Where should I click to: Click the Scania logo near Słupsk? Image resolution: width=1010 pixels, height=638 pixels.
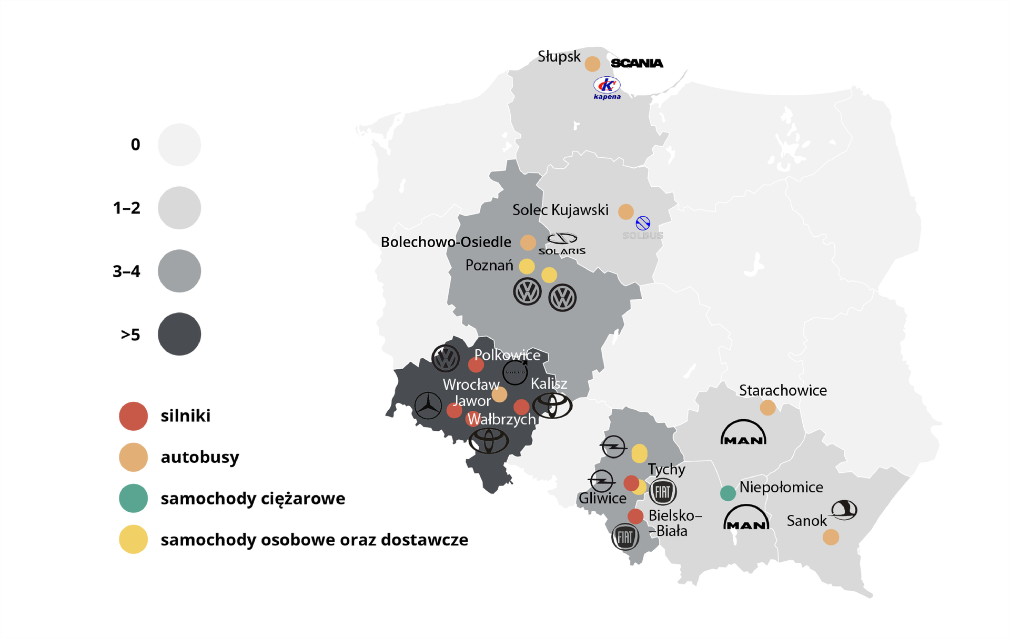637,63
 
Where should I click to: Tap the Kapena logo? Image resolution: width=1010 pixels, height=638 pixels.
607,88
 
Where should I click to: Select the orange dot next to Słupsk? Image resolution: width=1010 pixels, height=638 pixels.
592,64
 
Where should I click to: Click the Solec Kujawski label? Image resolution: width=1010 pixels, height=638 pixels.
560,210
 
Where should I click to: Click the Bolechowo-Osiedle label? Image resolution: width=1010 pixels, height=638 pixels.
446,242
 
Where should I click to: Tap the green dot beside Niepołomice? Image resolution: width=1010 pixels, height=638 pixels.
728,493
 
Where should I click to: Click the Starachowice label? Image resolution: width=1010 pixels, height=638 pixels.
783,390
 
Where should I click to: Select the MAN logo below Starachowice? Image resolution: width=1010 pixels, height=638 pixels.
743,433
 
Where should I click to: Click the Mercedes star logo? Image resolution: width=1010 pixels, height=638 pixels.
428,406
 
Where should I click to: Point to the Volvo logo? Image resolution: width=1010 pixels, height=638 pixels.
515,372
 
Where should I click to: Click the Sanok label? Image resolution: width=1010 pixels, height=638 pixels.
806,521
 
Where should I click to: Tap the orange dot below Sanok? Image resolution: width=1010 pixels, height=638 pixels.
831,537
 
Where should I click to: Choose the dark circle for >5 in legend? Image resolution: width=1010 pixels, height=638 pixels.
179,334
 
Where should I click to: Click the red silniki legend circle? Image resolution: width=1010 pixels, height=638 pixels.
134,416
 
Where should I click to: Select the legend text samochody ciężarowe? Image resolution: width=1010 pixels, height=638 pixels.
252,498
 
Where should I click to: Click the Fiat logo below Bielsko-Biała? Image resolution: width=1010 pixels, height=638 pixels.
625,537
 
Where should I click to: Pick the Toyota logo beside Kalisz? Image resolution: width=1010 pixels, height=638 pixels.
552,406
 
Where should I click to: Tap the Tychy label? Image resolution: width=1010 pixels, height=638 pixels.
666,469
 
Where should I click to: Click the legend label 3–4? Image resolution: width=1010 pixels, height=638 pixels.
127,271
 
